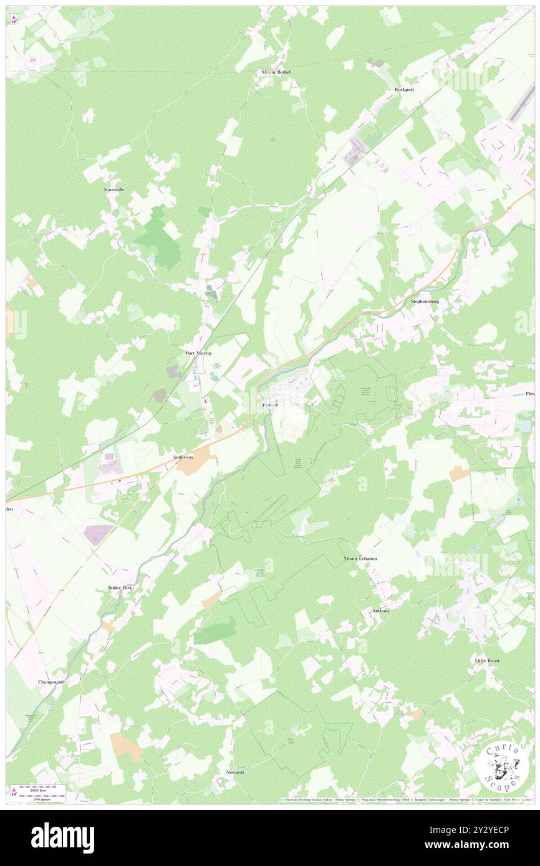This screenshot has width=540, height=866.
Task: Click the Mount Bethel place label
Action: coord(276,72)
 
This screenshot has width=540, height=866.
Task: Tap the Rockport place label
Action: coord(404,90)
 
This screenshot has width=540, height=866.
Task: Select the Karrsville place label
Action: coord(114,189)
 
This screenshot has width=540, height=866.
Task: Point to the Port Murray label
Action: coord(199,353)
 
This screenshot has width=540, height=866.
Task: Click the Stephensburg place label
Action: coord(425,302)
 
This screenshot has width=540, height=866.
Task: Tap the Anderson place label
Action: coord(183,457)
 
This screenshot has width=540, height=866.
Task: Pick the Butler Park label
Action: coord(121,588)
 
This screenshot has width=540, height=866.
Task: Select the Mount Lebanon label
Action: coord(360,559)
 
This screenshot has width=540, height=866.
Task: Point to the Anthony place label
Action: coord(381,611)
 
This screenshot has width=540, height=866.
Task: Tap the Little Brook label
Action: coord(487,660)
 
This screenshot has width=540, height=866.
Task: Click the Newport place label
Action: coord(235,772)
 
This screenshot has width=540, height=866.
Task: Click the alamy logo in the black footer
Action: coord(62,838)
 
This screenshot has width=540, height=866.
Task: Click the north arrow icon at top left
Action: coord(14,19)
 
